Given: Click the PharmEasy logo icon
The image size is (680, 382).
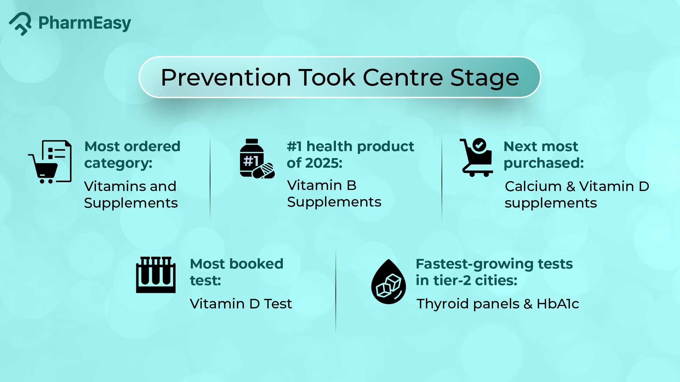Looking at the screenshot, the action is pyautogui.click(x=20, y=24).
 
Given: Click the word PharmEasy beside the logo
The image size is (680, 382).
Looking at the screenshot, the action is pyautogui.click(x=85, y=23).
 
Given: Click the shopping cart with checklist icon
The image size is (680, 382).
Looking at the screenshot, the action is pyautogui.click(x=50, y=162).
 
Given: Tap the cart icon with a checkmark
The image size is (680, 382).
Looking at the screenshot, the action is pyautogui.click(x=476, y=157).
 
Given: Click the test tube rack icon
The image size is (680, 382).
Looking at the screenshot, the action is pyautogui.click(x=156, y=275).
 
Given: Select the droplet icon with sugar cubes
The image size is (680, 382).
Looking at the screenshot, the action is pyautogui.click(x=388, y=282).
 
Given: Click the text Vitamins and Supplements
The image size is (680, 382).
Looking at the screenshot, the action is pyautogui.click(x=131, y=194).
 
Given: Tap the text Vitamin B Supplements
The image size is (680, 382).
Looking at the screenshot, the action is pyautogui.click(x=334, y=193).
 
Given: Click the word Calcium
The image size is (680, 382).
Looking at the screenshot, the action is pyautogui.click(x=533, y=186).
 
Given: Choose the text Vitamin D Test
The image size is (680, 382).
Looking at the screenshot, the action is pyautogui.click(x=241, y=304).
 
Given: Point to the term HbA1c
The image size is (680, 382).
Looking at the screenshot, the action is pyautogui.click(x=558, y=304).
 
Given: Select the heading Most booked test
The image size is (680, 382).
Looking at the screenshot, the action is pyautogui.click(x=236, y=272).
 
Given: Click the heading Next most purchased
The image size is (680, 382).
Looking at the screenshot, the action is pyautogui.click(x=543, y=155).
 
